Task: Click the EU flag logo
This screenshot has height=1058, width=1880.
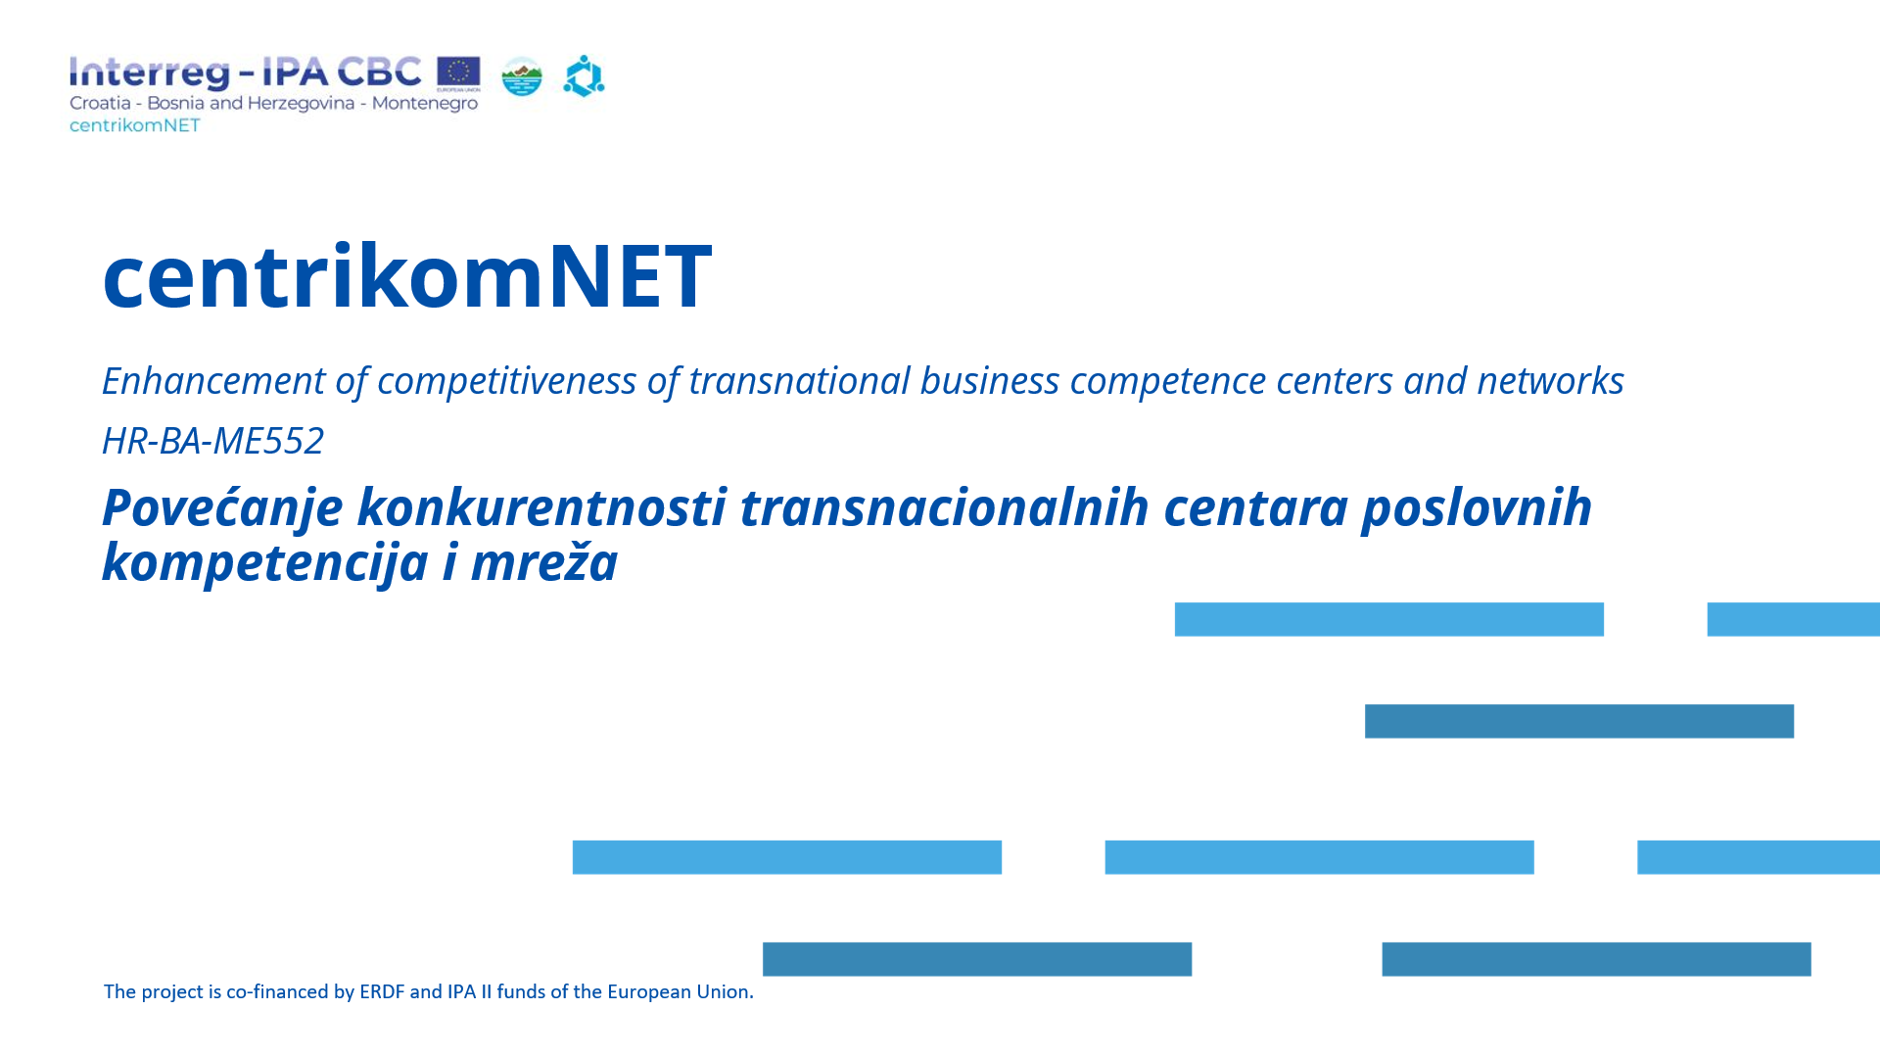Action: coord(458,73)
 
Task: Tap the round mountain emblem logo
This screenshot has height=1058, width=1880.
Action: coord(522,76)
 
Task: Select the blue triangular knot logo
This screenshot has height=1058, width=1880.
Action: coord(584,76)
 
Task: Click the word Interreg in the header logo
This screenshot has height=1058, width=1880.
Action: coord(150,73)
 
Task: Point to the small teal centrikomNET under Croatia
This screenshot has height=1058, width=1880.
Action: coord(135,125)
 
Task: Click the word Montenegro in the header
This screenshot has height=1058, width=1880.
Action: coord(425,103)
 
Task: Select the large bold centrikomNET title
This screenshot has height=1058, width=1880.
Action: coord(407,276)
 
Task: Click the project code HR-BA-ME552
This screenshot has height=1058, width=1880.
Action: coord(212,441)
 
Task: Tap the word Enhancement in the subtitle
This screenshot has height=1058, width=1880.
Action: coord(213,380)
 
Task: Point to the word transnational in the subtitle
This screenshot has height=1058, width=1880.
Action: coord(799,381)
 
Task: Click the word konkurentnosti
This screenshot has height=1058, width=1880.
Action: coord(541,507)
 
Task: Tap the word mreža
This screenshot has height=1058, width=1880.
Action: coord(544,562)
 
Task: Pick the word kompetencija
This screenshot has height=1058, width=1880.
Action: coord(264,563)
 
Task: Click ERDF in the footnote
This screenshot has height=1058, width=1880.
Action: coord(382,991)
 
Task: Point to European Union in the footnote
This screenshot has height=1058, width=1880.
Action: coord(679,991)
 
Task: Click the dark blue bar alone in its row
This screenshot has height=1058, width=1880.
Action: coord(1579,721)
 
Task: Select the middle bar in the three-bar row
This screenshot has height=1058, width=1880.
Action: coord(1319,857)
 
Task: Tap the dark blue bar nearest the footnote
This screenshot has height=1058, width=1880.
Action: coord(977,959)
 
